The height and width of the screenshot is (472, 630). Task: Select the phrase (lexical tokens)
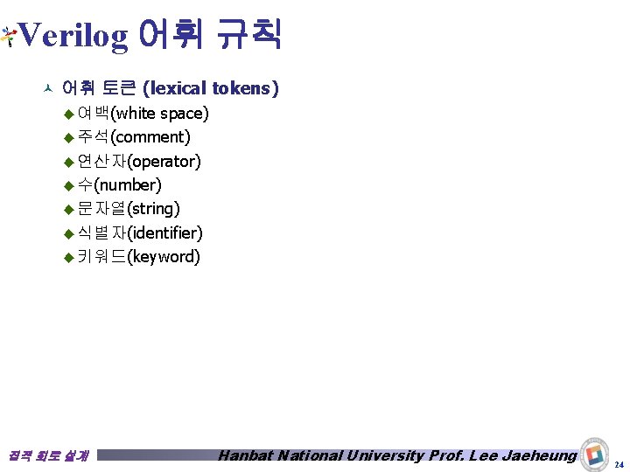211,88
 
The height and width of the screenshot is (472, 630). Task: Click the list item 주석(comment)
133,137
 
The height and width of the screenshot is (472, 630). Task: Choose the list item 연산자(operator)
138,161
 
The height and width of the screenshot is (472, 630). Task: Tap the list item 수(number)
119,184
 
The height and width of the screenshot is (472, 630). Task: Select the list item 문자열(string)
128,209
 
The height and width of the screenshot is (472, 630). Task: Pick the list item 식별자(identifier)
139,233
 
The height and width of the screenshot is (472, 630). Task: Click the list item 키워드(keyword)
138,257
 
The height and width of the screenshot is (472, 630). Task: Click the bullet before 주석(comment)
69,137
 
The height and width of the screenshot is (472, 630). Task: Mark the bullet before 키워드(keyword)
69,257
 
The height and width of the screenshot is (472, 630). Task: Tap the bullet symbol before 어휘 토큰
48,88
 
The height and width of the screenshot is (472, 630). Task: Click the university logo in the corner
596,452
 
